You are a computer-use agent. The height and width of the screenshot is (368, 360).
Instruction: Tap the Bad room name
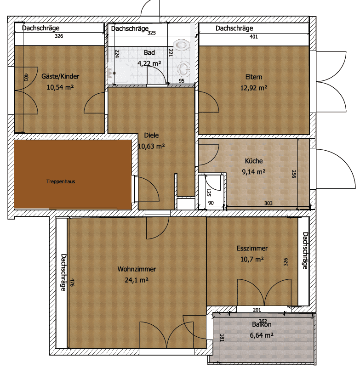[149, 53]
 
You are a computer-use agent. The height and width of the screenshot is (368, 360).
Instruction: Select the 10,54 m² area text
[60, 86]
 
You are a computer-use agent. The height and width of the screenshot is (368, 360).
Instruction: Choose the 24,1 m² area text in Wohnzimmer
[136, 279]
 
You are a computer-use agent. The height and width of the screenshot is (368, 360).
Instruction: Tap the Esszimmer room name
[252, 249]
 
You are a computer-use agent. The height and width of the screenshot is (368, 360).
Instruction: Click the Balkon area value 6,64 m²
[262, 335]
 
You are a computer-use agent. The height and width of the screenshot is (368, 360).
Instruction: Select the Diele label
[151, 136]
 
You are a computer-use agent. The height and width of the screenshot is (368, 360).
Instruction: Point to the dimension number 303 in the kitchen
[269, 203]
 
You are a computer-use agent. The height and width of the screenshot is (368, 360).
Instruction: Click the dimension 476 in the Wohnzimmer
[72, 282]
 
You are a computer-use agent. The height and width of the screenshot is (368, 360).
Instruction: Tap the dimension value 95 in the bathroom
[181, 81]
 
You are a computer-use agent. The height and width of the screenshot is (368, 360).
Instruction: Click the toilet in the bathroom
[183, 45]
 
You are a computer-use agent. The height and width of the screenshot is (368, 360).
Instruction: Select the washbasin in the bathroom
[184, 69]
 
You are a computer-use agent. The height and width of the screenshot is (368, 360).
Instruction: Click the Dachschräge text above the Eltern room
[234, 28]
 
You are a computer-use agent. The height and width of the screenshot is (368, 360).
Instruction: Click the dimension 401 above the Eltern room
[253, 37]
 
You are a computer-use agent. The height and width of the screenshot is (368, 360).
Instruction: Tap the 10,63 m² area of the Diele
[151, 147]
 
